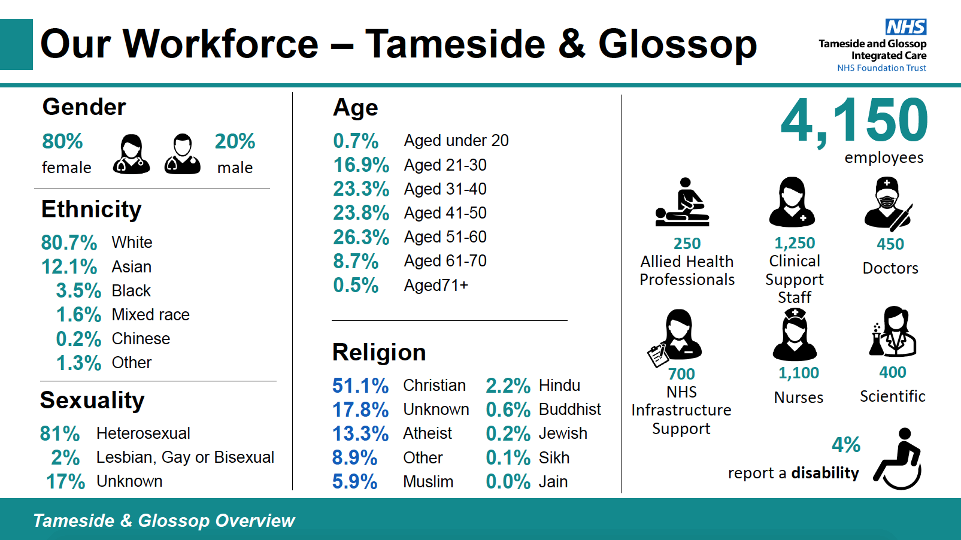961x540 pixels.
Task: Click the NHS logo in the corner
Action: (905, 27)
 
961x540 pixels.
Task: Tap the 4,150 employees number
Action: (854, 122)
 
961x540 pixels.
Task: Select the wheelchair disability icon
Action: (898, 459)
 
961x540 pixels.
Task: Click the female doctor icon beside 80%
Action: (131, 154)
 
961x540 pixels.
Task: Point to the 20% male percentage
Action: (235, 142)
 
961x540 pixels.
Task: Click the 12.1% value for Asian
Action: (69, 266)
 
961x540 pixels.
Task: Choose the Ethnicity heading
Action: (92, 210)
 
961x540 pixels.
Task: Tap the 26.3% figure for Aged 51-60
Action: (361, 237)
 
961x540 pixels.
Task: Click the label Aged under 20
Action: (456, 141)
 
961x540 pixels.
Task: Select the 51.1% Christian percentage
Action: (360, 386)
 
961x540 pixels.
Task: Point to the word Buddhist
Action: (569, 409)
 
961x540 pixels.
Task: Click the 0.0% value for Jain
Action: (508, 482)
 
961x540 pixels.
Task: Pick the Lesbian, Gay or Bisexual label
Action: (185, 457)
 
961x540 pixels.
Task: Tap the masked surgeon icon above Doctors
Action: (887, 203)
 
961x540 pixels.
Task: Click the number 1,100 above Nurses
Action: (798, 373)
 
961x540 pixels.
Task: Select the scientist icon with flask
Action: (893, 332)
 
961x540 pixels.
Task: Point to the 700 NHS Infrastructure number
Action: (681, 374)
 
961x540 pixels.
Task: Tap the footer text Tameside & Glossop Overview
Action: (164, 521)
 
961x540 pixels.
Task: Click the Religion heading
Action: (379, 353)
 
